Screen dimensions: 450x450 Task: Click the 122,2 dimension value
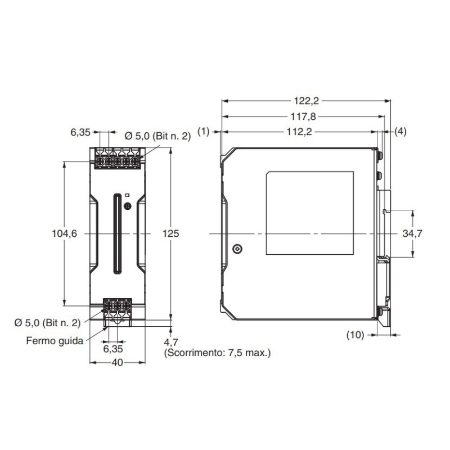(x=307, y=101)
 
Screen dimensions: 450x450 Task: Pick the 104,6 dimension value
(x=63, y=233)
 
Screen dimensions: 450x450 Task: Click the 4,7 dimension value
(x=171, y=342)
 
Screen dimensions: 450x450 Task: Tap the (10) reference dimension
(x=354, y=335)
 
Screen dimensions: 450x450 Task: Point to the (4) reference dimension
(x=400, y=132)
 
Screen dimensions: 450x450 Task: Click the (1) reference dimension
(x=204, y=132)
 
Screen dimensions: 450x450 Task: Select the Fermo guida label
(x=55, y=340)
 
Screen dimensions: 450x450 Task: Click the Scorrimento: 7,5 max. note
(x=217, y=353)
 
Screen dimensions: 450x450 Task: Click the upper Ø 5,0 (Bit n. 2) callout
(x=157, y=136)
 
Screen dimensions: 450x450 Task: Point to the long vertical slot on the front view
(x=116, y=233)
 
